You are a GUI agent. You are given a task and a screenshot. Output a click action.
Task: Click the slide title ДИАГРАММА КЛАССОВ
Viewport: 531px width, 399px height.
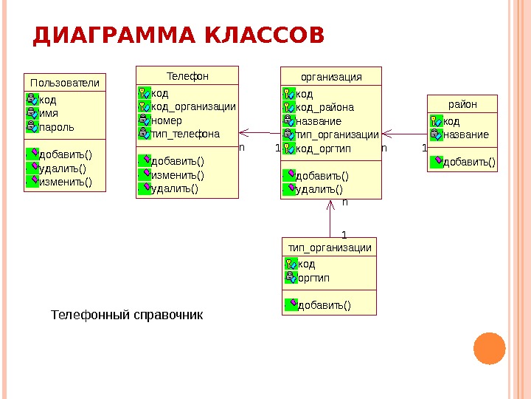coord(178,36)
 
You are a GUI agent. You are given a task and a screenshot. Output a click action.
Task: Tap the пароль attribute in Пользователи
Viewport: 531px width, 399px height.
coord(56,127)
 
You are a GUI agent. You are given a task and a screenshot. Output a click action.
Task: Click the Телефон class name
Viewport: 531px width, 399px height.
coord(187,75)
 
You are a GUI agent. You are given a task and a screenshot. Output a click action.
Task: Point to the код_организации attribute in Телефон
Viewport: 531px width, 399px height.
coord(192,106)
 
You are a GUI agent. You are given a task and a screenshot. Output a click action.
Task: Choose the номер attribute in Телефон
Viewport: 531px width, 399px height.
coord(166,120)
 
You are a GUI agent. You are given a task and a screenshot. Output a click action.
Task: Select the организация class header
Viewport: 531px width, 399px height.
coord(331,76)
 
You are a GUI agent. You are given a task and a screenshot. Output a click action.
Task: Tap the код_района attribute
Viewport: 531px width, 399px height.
coord(324,107)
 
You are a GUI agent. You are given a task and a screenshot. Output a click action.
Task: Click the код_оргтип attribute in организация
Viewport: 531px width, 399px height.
coord(323,149)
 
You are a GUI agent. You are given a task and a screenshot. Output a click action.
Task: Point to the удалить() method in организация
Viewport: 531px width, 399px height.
coord(319,189)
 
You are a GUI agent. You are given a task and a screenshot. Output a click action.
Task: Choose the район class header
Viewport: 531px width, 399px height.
coord(462,104)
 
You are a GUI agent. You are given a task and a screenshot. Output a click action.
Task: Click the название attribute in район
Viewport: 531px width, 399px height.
coord(465,135)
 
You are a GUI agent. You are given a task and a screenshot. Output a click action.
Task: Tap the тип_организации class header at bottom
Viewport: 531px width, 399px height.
coord(329,248)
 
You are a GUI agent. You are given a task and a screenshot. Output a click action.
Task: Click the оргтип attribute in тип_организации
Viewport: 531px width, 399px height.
coord(313,278)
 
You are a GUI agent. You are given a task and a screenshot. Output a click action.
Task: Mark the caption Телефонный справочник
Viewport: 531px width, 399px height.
coord(125,316)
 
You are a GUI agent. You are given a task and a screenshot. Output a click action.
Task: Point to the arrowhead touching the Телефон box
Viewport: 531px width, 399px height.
coord(243,133)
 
